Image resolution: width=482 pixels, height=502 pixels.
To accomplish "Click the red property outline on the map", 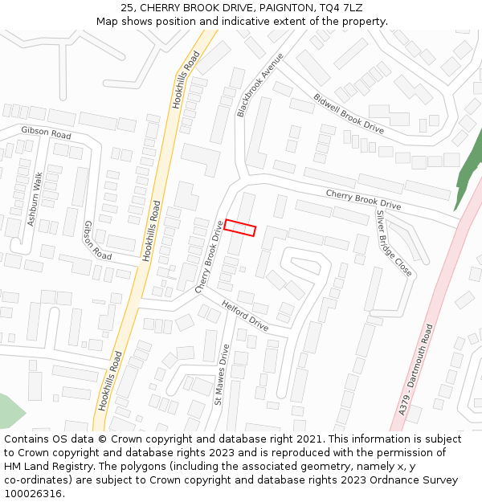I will pos(240,227).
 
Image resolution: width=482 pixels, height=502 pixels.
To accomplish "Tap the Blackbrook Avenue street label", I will pos(260,86).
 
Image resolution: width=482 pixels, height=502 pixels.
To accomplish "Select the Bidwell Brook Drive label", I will pos(349,113).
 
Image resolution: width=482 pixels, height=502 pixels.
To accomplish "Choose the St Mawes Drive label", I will pos(222,374).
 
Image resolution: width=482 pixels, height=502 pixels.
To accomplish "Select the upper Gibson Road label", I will pos(47,133).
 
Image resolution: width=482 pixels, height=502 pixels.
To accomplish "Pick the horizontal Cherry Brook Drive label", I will pos(362,200).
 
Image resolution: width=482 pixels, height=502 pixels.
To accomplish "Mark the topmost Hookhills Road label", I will pos(186,80).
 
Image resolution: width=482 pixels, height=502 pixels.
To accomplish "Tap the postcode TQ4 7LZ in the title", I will pos(341,7).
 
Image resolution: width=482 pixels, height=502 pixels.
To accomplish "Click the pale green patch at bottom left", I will pos(9,411).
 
